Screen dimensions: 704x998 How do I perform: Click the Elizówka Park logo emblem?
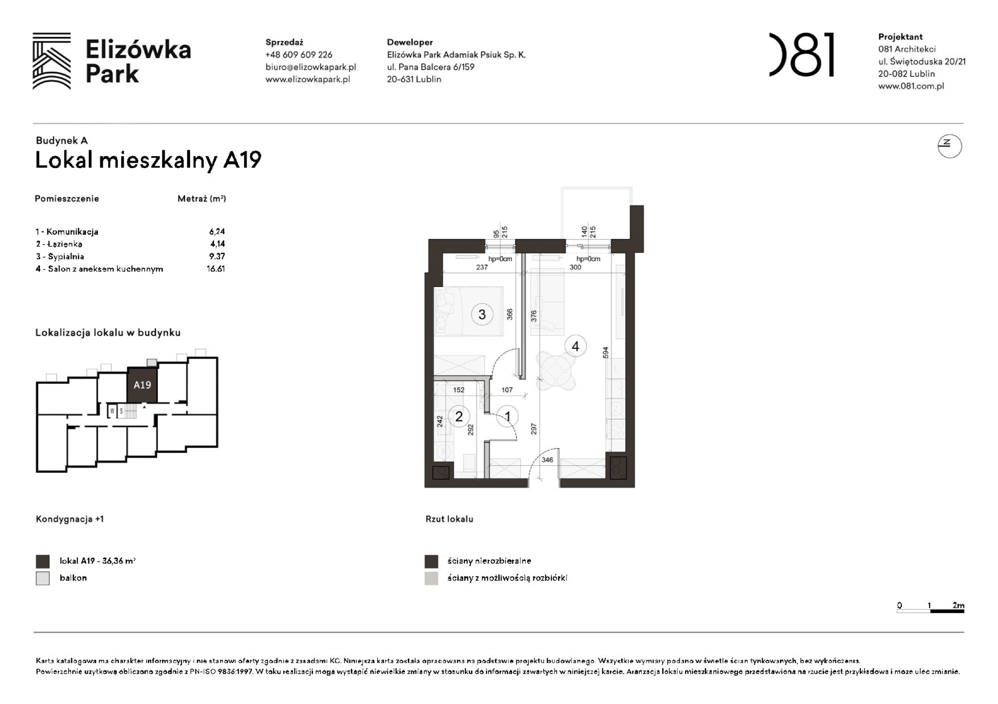51,61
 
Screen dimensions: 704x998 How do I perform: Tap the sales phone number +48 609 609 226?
298,55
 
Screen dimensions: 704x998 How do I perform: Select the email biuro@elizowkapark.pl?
310,67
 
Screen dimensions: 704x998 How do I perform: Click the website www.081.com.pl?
911,86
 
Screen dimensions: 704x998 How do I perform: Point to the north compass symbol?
949,146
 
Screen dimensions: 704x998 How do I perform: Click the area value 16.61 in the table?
216,268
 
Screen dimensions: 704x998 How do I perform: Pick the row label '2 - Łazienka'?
59,244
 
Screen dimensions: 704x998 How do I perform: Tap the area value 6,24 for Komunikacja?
217,232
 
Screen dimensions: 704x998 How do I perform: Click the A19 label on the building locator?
142,385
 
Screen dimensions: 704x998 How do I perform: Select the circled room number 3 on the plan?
482,314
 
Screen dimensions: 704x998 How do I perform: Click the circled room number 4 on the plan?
575,346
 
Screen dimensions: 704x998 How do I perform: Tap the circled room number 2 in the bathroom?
459,416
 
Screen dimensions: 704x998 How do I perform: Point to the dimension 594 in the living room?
606,352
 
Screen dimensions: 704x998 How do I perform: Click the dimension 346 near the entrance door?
547,460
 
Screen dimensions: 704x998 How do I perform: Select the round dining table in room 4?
556,371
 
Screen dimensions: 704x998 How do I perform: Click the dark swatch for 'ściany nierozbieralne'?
431,561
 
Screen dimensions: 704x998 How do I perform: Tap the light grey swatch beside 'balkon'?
43,578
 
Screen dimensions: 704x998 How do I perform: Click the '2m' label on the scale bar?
958,605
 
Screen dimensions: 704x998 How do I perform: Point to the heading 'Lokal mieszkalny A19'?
148,160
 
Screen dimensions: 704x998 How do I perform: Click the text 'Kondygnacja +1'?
70,519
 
